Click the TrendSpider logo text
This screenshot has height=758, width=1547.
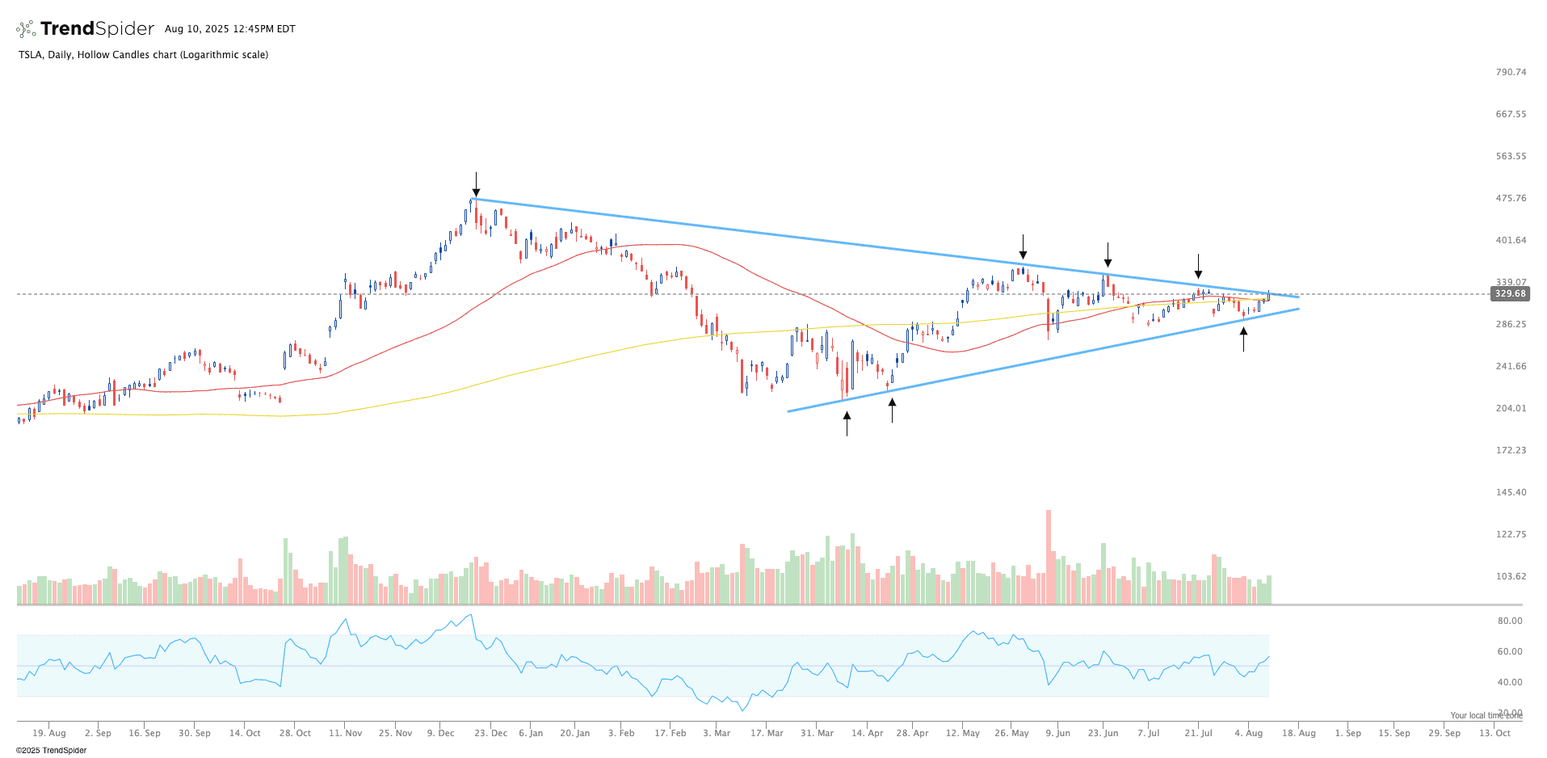[x=97, y=29]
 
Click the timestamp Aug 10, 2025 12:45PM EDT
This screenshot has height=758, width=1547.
[x=230, y=29]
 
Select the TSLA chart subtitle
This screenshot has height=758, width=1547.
[x=143, y=55]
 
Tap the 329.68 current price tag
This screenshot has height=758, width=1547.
[x=1510, y=293]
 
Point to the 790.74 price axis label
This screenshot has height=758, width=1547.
[x=1511, y=72]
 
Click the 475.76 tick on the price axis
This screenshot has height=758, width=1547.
[x=1511, y=198]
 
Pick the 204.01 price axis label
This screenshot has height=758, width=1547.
[x=1511, y=408]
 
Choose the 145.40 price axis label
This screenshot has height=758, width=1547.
[x=1511, y=492]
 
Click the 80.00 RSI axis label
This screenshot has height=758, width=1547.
[x=1510, y=621]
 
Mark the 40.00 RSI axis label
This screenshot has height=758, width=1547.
[x=1510, y=682]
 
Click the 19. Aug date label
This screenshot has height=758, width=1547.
[x=49, y=733]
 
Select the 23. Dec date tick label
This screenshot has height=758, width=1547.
[x=491, y=733]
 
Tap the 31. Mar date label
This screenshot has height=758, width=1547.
[x=818, y=733]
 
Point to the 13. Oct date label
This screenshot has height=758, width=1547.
[x=1494, y=733]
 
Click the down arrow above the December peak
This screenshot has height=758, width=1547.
[x=476, y=184]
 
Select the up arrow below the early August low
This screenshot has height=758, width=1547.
[x=1243, y=339]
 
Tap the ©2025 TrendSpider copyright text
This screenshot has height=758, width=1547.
[x=51, y=750]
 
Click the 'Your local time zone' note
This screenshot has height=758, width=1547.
[x=1486, y=715]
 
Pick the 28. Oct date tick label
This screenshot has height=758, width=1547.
[x=295, y=733]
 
